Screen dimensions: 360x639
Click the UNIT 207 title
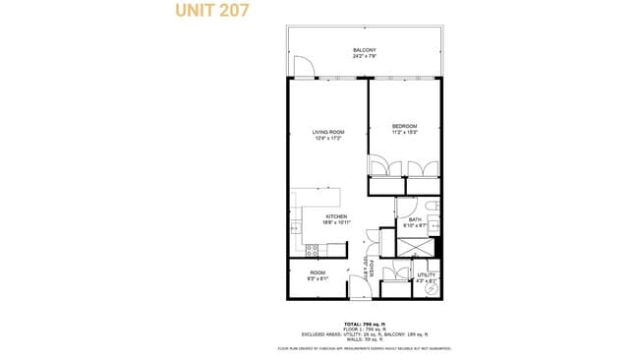tap(211, 11)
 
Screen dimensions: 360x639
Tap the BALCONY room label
tap(365, 50)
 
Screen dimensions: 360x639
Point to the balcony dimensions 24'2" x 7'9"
tap(365, 56)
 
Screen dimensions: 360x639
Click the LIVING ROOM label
tap(327, 132)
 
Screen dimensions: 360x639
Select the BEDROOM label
tap(404, 126)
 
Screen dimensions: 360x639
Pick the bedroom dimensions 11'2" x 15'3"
tap(404, 132)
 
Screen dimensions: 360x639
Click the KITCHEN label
tap(336, 216)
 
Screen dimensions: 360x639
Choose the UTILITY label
tap(426, 275)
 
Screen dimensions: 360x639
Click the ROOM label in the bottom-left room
tap(318, 272)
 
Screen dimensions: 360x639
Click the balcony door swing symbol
tap(305, 67)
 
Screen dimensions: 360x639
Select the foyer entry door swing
tap(360, 286)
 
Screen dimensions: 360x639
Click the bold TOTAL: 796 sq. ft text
tap(365, 323)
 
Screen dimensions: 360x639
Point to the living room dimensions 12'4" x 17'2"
tap(327, 138)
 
